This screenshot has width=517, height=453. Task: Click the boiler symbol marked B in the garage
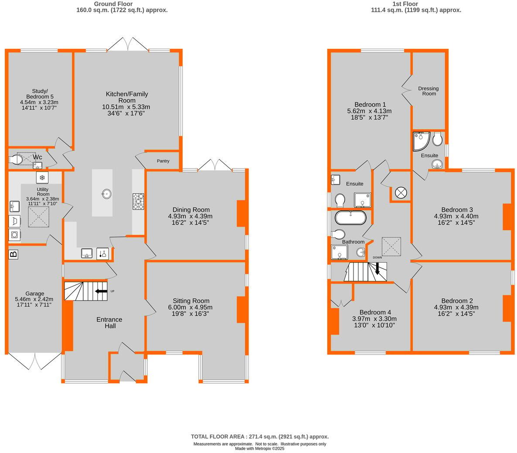click(x=14, y=254)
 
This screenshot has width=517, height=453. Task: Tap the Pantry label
click(x=163, y=161)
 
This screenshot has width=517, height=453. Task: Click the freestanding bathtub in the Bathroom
click(x=350, y=217)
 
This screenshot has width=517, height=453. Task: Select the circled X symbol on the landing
click(x=400, y=192)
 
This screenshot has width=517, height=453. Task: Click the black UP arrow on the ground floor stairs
click(x=101, y=291)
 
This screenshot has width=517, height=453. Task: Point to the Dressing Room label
click(x=428, y=91)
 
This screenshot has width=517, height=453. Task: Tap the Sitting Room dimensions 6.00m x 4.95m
click(x=191, y=308)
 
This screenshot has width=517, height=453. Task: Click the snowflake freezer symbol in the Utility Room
click(x=42, y=178)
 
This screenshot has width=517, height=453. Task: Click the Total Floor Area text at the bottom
click(x=259, y=436)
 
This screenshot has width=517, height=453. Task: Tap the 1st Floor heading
click(x=405, y=4)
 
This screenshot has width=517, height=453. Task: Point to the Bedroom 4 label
click(x=375, y=312)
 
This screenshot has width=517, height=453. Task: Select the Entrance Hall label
click(x=109, y=323)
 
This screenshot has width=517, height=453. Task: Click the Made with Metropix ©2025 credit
click(x=259, y=448)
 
